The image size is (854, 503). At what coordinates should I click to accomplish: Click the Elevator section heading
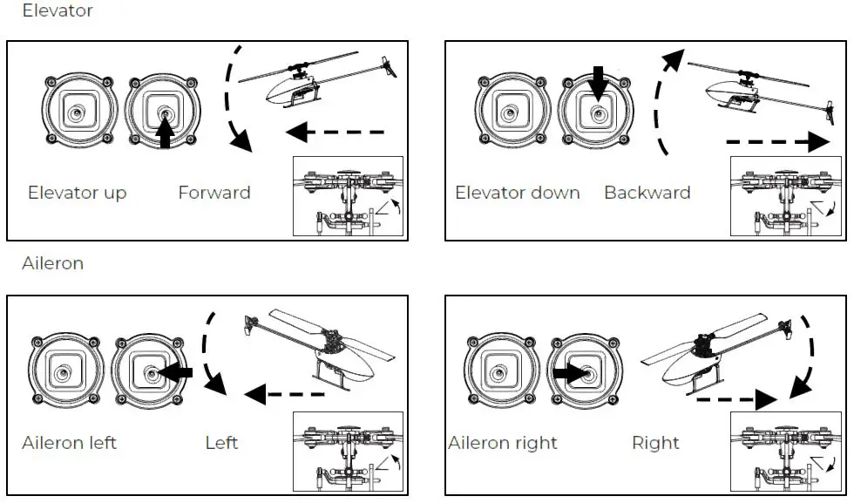coord(57,11)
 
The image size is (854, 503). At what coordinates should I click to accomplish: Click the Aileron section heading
coord(52,262)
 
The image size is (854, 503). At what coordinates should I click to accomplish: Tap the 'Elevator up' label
coord(77,193)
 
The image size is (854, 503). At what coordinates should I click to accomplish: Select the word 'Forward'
coord(213,193)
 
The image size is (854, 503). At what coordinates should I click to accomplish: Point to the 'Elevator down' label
coord(518,193)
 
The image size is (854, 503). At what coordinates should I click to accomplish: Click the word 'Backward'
coord(647,193)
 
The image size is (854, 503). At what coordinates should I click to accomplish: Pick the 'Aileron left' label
coord(69,443)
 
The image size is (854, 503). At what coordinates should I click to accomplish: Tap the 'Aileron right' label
coord(503,443)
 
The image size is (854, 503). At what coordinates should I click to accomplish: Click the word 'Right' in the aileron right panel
coord(656,443)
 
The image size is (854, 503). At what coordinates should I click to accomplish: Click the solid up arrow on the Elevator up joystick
coord(165,134)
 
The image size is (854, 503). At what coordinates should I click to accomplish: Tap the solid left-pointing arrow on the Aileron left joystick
coord(177,372)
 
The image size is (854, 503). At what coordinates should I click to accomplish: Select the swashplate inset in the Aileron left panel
coord(349,453)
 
